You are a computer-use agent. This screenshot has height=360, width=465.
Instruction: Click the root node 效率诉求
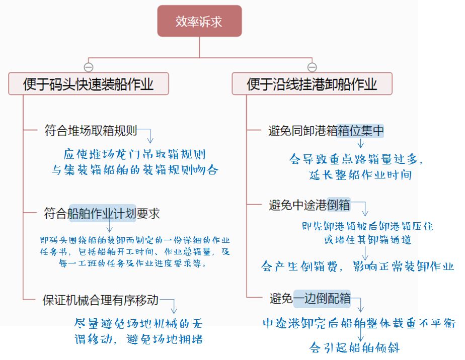click(x=199, y=21)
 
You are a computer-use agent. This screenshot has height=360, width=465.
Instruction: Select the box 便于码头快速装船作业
click(x=89, y=83)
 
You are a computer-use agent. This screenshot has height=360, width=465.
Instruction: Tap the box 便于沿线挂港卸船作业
click(x=312, y=83)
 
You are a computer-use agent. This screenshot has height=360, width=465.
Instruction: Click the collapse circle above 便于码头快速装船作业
click(x=89, y=67)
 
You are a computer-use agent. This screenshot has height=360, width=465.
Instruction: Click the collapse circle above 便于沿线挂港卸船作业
click(x=312, y=67)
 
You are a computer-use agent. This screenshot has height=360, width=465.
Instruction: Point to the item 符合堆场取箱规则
click(x=91, y=130)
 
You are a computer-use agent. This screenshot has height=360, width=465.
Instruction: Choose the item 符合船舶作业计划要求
click(x=102, y=213)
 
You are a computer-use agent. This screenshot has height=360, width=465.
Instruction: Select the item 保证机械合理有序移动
click(x=101, y=300)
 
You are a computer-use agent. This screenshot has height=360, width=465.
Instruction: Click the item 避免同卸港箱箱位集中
click(x=326, y=131)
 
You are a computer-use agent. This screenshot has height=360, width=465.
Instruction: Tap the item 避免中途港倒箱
click(x=309, y=205)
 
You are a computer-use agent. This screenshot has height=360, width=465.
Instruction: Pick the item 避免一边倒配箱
click(x=310, y=298)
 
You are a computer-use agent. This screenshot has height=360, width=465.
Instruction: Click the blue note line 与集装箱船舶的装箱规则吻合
click(x=135, y=170)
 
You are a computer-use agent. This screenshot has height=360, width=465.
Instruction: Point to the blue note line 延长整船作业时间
click(x=360, y=174)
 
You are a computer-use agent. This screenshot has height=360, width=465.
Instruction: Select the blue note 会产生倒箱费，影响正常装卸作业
click(x=357, y=266)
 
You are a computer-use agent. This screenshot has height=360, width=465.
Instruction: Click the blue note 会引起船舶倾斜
click(x=355, y=347)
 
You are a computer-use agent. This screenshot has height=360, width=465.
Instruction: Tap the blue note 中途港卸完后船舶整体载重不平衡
click(x=359, y=323)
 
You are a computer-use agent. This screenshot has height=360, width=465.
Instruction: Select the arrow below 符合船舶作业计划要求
click(x=109, y=225)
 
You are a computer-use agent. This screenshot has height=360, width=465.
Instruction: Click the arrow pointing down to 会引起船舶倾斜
click(x=361, y=335)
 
